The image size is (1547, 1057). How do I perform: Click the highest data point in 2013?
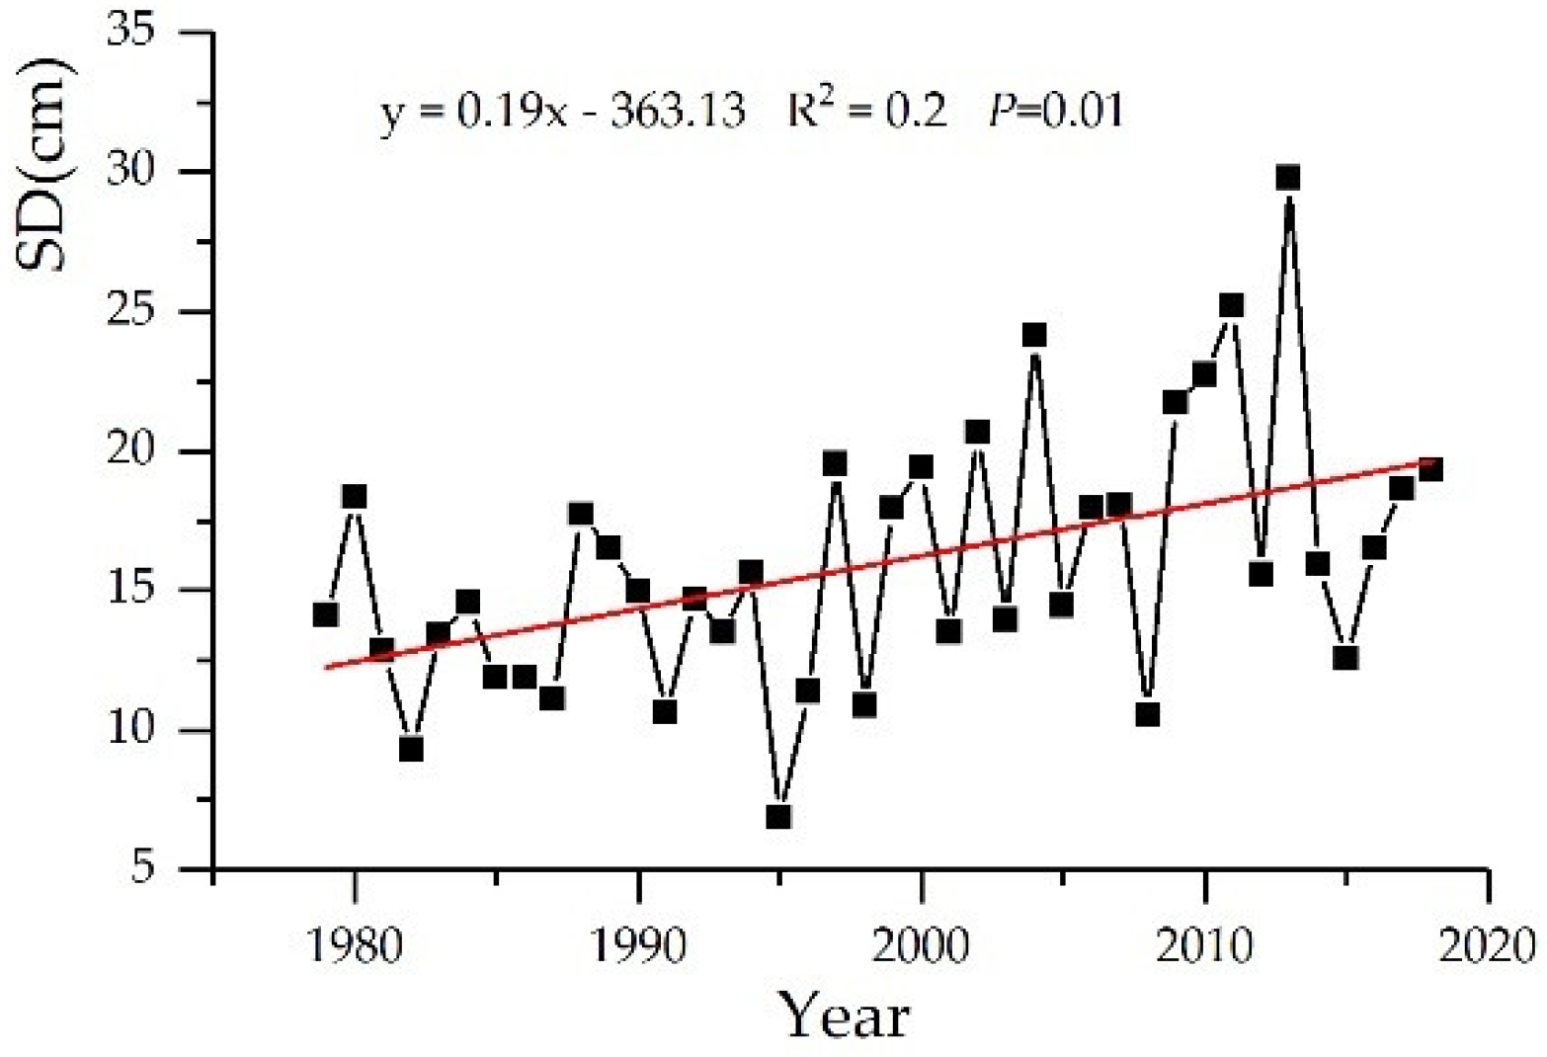(1287, 178)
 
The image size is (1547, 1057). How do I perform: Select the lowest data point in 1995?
(778, 817)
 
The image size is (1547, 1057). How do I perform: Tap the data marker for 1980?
(355, 496)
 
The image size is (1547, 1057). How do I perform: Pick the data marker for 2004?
(1034, 335)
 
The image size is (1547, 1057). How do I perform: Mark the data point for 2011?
(1231, 305)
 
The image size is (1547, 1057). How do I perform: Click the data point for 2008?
(1147, 714)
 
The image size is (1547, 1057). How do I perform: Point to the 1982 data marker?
(411, 750)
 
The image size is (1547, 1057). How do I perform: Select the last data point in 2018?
(1430, 469)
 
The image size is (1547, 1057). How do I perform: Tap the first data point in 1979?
(325, 614)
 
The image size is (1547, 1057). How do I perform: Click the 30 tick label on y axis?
(144, 172)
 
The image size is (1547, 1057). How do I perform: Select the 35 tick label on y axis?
(144, 33)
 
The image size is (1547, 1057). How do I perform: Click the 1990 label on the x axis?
(639, 946)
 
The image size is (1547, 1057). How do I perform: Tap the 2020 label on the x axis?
(1488, 946)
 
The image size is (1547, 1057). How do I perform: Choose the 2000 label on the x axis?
(921, 946)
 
